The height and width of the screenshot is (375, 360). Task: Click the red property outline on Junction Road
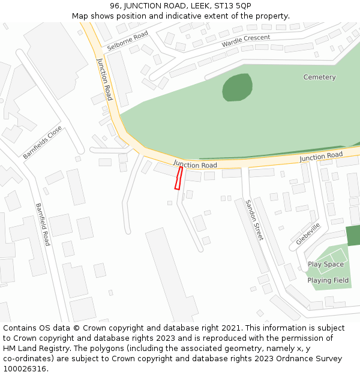tap(178, 178)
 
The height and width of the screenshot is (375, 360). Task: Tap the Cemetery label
tap(319, 77)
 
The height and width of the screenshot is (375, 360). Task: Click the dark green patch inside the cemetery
tap(237, 88)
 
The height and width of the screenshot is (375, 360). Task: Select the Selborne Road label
tap(127, 40)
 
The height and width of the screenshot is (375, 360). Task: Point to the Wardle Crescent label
tap(245, 41)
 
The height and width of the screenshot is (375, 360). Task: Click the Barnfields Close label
tap(42, 142)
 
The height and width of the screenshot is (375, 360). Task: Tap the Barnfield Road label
tap(43, 224)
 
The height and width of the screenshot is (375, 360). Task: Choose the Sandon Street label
tap(254, 220)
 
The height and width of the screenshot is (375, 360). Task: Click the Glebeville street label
tap(308, 233)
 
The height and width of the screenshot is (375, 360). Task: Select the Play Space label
tap(326, 265)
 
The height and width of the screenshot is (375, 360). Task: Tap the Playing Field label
tap(328, 281)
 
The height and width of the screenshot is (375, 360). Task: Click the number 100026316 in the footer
tap(26, 369)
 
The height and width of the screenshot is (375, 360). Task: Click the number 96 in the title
tap(115, 5)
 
